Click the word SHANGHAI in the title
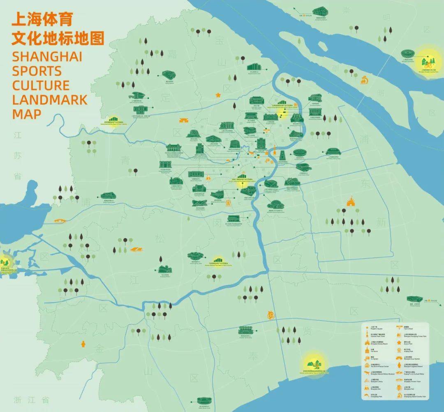(47, 56)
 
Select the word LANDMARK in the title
(49, 99)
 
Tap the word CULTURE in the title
(41, 85)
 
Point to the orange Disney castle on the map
(350, 202)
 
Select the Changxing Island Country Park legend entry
(411, 397)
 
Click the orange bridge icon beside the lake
(60, 221)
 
